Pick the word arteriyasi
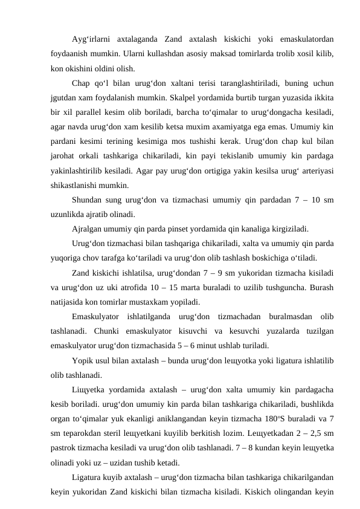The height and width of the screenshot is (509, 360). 316,171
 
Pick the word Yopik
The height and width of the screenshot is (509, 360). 83,360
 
